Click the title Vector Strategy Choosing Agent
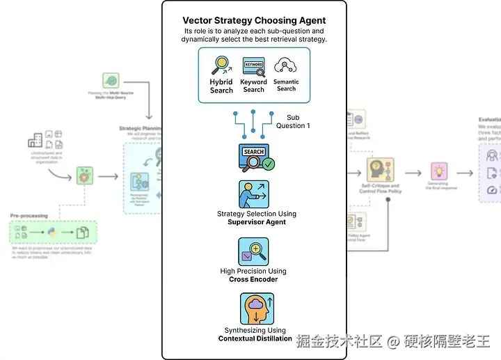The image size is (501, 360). click(x=254, y=21)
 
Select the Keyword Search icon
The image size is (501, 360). click(x=254, y=67)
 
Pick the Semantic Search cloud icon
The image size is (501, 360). click(x=285, y=66)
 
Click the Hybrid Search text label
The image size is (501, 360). click(x=221, y=86)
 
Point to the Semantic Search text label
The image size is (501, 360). click(x=286, y=85)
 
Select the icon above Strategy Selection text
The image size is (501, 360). click(x=254, y=194)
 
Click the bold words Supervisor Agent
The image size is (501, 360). click(x=256, y=222)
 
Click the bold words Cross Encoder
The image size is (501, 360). click(x=253, y=279)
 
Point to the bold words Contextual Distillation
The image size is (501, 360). click(x=255, y=338)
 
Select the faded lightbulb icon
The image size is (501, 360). click(x=439, y=171)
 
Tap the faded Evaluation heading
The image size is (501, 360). click(x=489, y=120)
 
